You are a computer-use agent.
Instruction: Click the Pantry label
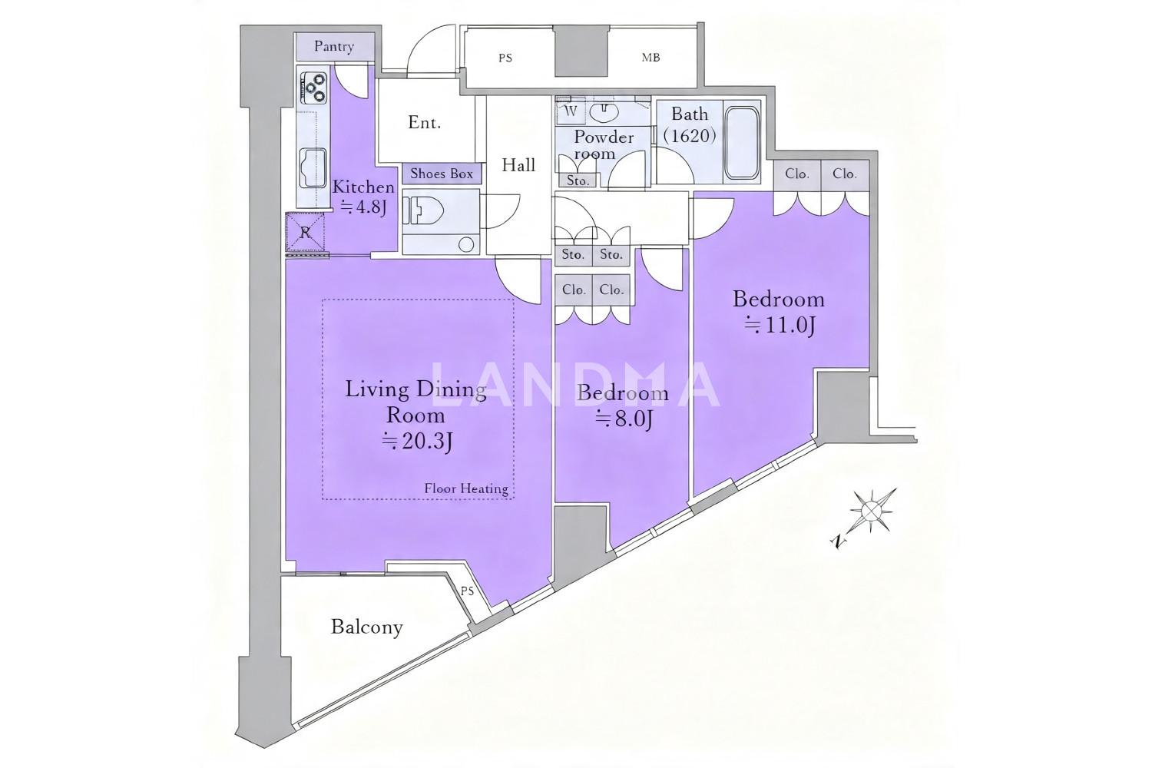pyautogui.click(x=334, y=46)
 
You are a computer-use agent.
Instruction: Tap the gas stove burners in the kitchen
pyautogui.click(x=313, y=88)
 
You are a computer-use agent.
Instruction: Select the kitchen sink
pyautogui.click(x=313, y=167)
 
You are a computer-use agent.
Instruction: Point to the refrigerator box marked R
pyautogui.click(x=306, y=233)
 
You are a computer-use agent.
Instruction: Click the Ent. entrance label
pyautogui.click(x=424, y=122)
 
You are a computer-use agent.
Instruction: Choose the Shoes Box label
pyautogui.click(x=442, y=174)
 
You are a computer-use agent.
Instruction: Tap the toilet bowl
pyautogui.click(x=424, y=211)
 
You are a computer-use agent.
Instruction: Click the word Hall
pyautogui.click(x=518, y=165)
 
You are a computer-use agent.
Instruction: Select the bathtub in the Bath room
pyautogui.click(x=741, y=143)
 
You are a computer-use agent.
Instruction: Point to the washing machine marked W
pyautogui.click(x=571, y=111)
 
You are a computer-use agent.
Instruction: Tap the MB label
pyautogui.click(x=650, y=58)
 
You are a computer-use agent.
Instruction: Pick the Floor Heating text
pyautogui.click(x=466, y=488)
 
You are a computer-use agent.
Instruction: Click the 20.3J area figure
pyautogui.click(x=416, y=442)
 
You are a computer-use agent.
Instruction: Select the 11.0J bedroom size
pyautogui.click(x=780, y=325)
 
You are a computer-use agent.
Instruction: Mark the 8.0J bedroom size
pyautogui.click(x=624, y=419)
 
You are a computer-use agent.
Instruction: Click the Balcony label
pyautogui.click(x=366, y=627)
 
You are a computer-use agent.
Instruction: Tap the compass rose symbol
pyautogui.click(x=871, y=511)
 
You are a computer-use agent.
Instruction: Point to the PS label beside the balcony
pyautogui.click(x=467, y=591)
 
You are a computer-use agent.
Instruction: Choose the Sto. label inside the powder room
pyautogui.click(x=578, y=180)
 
